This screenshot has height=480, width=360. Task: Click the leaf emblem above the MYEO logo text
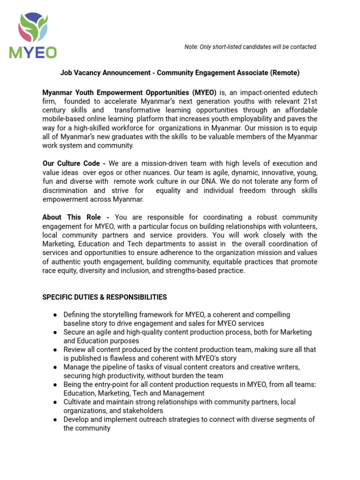pos(33,28)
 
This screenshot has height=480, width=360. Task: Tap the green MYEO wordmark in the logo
pos(33,52)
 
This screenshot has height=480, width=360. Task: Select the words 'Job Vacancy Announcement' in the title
pos(106,73)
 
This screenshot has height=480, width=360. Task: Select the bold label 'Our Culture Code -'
pos(74,164)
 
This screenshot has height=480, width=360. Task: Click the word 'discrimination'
pos(65,190)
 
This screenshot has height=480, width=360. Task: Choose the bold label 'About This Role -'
pos(76,217)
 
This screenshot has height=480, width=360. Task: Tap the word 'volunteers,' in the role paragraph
pos(299,226)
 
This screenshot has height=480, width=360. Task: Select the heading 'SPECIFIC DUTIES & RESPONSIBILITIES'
pos(105,297)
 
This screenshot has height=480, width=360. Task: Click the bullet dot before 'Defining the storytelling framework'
pos(55,315)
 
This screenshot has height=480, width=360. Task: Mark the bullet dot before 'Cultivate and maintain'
pos(55,402)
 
